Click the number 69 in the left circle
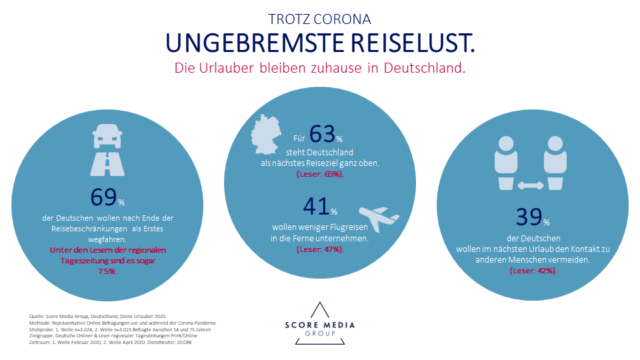[103, 197]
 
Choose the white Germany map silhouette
[271, 136]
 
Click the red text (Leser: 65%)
[319, 174]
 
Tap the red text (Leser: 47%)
[319, 249]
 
